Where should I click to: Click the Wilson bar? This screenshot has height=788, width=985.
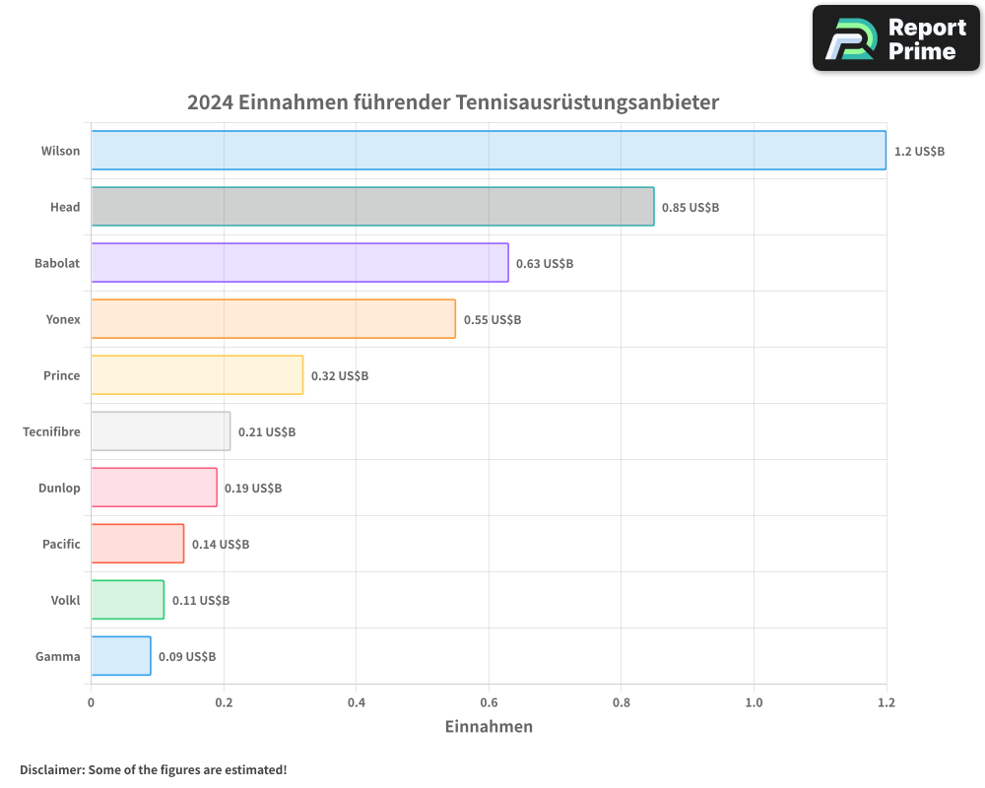[x=488, y=151]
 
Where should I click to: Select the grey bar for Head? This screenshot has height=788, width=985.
[x=372, y=207]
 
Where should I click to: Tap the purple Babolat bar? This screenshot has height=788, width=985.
[x=299, y=263]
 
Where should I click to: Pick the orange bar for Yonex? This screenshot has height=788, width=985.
[x=273, y=319]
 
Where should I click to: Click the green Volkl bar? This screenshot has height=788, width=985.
[x=127, y=600]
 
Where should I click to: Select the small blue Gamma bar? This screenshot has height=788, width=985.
[x=120, y=656]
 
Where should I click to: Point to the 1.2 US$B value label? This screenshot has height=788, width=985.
[x=919, y=152]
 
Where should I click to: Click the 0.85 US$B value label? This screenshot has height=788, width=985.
[x=689, y=208]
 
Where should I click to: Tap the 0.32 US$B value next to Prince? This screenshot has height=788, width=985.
[x=340, y=376]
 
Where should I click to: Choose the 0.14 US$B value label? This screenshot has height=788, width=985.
[x=221, y=545]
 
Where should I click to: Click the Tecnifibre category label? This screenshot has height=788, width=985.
[x=51, y=431]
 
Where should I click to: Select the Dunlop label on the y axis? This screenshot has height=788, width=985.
[x=59, y=488]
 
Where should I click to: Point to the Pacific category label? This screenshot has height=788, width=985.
[x=61, y=544]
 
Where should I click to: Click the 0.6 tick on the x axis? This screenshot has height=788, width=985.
[x=489, y=702]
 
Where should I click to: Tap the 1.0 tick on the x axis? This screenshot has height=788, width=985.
[x=754, y=702]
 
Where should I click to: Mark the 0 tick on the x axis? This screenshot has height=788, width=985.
[x=91, y=702]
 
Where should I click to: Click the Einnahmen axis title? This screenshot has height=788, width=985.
[x=489, y=727]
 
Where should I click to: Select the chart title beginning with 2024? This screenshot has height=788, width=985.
[x=453, y=102]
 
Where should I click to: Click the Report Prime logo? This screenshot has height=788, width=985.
[x=895, y=38]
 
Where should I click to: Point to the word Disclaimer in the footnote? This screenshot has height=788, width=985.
[x=51, y=769]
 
